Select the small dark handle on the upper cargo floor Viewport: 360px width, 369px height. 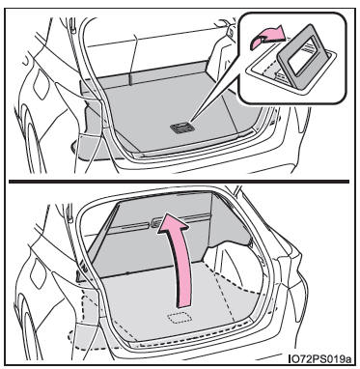point(182,128)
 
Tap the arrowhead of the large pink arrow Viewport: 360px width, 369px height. point(172,225)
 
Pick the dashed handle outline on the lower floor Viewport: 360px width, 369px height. point(180,317)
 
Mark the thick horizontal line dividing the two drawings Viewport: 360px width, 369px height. point(179,182)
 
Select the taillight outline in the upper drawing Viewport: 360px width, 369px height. point(41,84)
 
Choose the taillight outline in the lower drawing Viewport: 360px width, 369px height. point(39,272)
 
